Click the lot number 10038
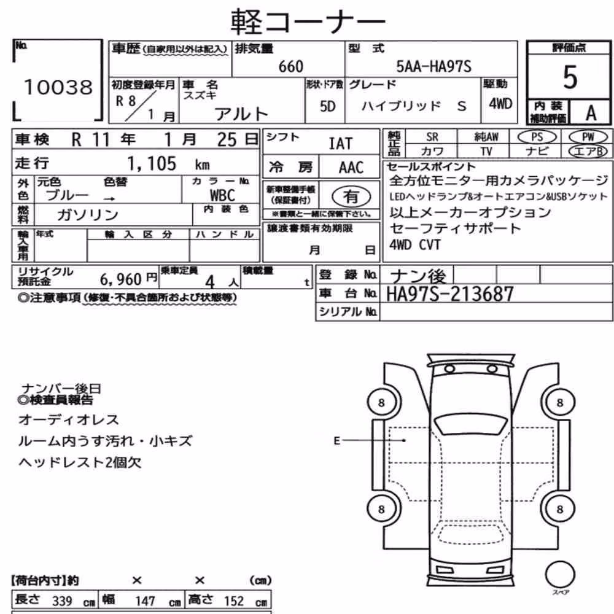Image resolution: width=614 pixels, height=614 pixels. coord(58,87)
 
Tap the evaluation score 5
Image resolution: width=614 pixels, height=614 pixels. coord(570,77)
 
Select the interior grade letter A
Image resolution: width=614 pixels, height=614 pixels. coord(591,113)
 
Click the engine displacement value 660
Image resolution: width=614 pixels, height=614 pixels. coord(290,66)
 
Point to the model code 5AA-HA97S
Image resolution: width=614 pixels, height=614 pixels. coord(433,66)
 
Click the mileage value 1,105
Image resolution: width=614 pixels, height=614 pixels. coord(152,163)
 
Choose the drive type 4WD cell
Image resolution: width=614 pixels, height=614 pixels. coord(500,104)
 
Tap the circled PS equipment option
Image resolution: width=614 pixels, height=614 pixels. coord(537,137)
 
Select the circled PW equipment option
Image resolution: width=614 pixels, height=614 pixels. coord(588,137)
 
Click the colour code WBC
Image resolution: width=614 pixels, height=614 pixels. coord(222,195)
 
